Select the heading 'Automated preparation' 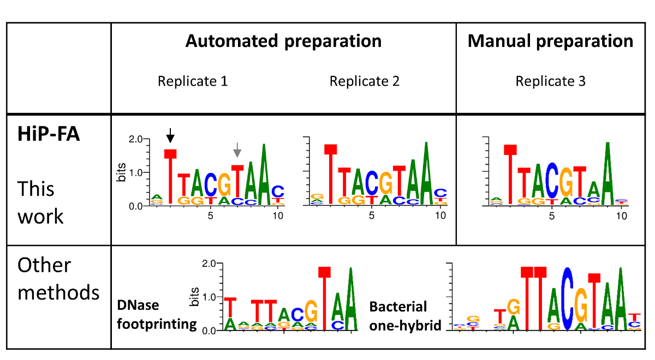click(283, 41)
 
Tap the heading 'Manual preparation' click(550, 41)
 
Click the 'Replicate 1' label click(193, 82)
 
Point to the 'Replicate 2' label click(365, 82)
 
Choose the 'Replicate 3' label click(551, 82)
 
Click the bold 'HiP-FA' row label click(49, 134)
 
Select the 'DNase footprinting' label click(157, 315)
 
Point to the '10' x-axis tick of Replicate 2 click(439, 216)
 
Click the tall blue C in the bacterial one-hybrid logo click(568, 299)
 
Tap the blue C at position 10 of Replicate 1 click(278, 191)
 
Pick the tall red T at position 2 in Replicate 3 click(510, 175)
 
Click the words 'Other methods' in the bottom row click(58, 279)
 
